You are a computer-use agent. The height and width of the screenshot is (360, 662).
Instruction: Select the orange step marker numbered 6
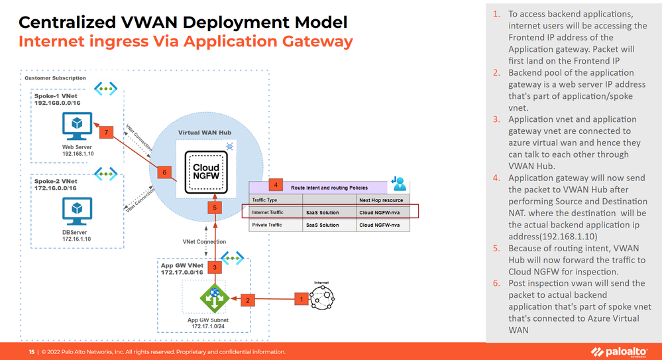[166, 172]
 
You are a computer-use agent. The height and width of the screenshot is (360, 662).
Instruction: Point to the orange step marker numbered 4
[276, 185]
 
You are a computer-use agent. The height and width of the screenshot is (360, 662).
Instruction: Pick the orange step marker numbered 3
[214, 267]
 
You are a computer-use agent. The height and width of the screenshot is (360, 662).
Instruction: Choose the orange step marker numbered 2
[248, 300]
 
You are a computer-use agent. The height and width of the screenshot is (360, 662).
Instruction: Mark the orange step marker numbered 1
[302, 299]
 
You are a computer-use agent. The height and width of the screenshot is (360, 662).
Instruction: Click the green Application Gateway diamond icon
[214, 298]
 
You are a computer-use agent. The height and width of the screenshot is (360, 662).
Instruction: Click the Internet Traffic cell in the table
[267, 213]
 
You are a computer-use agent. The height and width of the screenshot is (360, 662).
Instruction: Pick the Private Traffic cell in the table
[267, 225]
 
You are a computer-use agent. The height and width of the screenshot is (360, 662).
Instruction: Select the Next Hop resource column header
[381, 200]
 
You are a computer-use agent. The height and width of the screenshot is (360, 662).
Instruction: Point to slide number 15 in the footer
[31, 351]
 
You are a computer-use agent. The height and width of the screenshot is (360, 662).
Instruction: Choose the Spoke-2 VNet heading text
[56, 180]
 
